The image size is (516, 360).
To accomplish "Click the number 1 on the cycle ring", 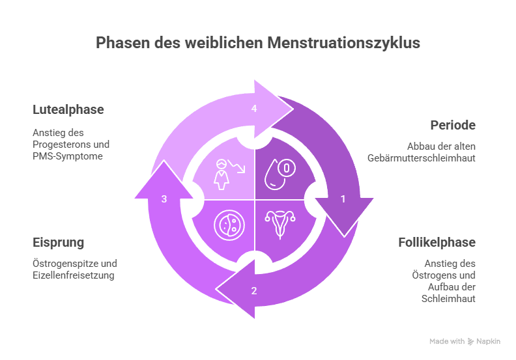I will click(x=343, y=199).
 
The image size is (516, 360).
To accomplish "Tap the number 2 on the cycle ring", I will click(x=254, y=290).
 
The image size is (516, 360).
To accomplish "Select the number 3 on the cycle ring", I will click(x=165, y=199).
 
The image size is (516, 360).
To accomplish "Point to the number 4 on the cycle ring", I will click(x=254, y=109).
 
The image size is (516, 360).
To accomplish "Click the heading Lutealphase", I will click(x=68, y=109).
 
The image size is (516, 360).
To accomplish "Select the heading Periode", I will click(x=453, y=125).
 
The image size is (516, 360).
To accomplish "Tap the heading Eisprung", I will click(x=59, y=243).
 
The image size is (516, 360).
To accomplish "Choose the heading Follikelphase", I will click(x=437, y=243).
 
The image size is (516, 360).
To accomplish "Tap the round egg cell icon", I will click(x=228, y=225).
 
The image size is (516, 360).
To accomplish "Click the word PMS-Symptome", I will click(x=68, y=156).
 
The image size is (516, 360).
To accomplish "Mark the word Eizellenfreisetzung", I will click(x=74, y=276).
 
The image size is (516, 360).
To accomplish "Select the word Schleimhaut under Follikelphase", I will click(x=450, y=299).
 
